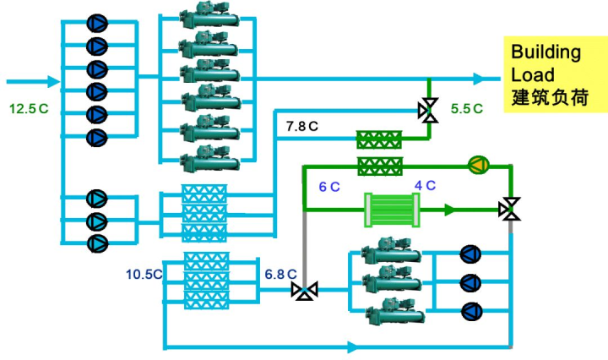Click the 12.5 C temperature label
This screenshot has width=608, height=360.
[x=29, y=109]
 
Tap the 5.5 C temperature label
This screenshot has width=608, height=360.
[x=467, y=109]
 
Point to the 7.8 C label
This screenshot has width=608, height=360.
[x=302, y=126]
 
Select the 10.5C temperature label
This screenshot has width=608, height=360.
[x=144, y=275]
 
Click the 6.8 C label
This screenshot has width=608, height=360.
[x=280, y=275]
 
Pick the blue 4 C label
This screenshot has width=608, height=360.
[x=425, y=185]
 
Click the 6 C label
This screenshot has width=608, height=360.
[x=329, y=187]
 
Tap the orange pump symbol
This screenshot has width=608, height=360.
[x=479, y=166]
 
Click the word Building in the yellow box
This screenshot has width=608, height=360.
[x=546, y=52]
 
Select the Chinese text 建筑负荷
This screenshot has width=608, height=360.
[x=550, y=97]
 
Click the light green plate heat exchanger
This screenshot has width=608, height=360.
[x=392, y=210]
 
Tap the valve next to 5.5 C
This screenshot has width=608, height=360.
[x=428, y=110]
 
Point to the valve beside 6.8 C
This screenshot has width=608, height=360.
[x=305, y=290]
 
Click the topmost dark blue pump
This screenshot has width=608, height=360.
[x=97, y=24]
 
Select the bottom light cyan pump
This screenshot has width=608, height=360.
[x=97, y=243]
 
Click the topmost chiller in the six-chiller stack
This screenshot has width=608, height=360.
[x=209, y=14]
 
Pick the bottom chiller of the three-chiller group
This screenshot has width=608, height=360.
[x=394, y=310]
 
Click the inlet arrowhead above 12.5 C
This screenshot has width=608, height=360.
[x=54, y=81]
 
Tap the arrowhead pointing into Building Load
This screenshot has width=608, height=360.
[x=480, y=79]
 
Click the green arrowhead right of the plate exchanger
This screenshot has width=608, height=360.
[x=449, y=210]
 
